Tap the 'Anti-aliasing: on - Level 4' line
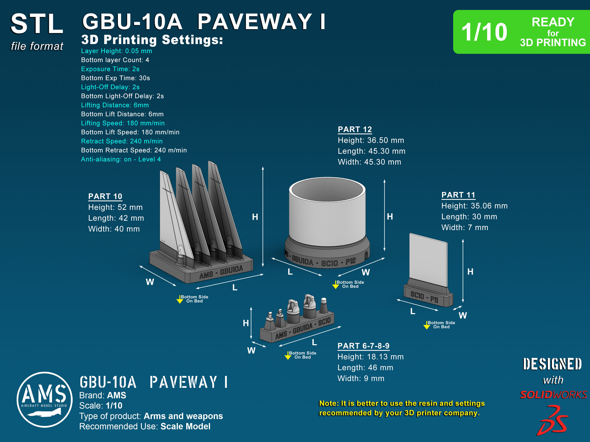tap(121, 159)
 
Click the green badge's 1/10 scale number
tap(484, 32)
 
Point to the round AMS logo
tap(44, 399)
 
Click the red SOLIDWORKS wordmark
tap(553, 395)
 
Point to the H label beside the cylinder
tap(390, 217)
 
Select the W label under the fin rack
tap(150, 282)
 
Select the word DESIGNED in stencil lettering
tap(552, 364)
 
